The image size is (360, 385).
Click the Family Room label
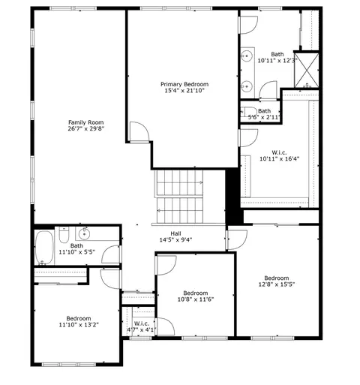click(x=86, y=122)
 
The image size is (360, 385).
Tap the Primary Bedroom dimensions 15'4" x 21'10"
click(x=184, y=91)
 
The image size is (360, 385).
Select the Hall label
click(x=175, y=233)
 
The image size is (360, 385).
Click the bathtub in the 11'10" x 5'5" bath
click(x=44, y=248)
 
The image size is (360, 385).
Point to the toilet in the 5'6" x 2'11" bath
click(x=248, y=112)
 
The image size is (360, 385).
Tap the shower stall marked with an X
click(x=307, y=71)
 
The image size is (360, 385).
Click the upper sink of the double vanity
click(x=247, y=56)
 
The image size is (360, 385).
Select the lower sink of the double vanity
click(x=247, y=86)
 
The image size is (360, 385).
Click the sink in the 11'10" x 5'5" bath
click(x=85, y=234)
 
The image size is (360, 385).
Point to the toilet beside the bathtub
click(x=64, y=235)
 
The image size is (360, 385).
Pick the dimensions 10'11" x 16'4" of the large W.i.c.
click(x=279, y=158)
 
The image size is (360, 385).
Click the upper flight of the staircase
click(x=179, y=182)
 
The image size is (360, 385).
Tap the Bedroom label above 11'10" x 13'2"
click(x=79, y=318)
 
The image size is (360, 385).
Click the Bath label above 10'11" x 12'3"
click(x=277, y=54)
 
